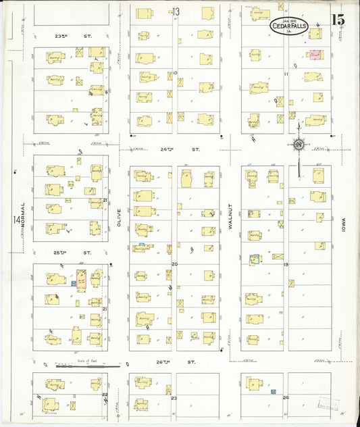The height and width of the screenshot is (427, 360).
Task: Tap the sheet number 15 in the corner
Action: tap(338, 20)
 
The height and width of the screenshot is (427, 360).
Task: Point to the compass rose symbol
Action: tap(298, 144)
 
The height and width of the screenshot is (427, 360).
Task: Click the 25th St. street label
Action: tap(72, 253)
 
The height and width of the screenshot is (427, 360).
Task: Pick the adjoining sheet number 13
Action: tap(176, 11)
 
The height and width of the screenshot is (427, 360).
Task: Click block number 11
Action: tap(286, 74)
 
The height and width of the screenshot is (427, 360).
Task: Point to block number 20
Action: tap(174, 264)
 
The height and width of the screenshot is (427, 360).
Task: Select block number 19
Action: tap(286, 264)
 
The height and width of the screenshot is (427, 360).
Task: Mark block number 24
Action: tap(286, 397)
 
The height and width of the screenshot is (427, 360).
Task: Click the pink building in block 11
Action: tap(314, 54)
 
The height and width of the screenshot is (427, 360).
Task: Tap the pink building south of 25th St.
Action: tap(80, 280)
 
